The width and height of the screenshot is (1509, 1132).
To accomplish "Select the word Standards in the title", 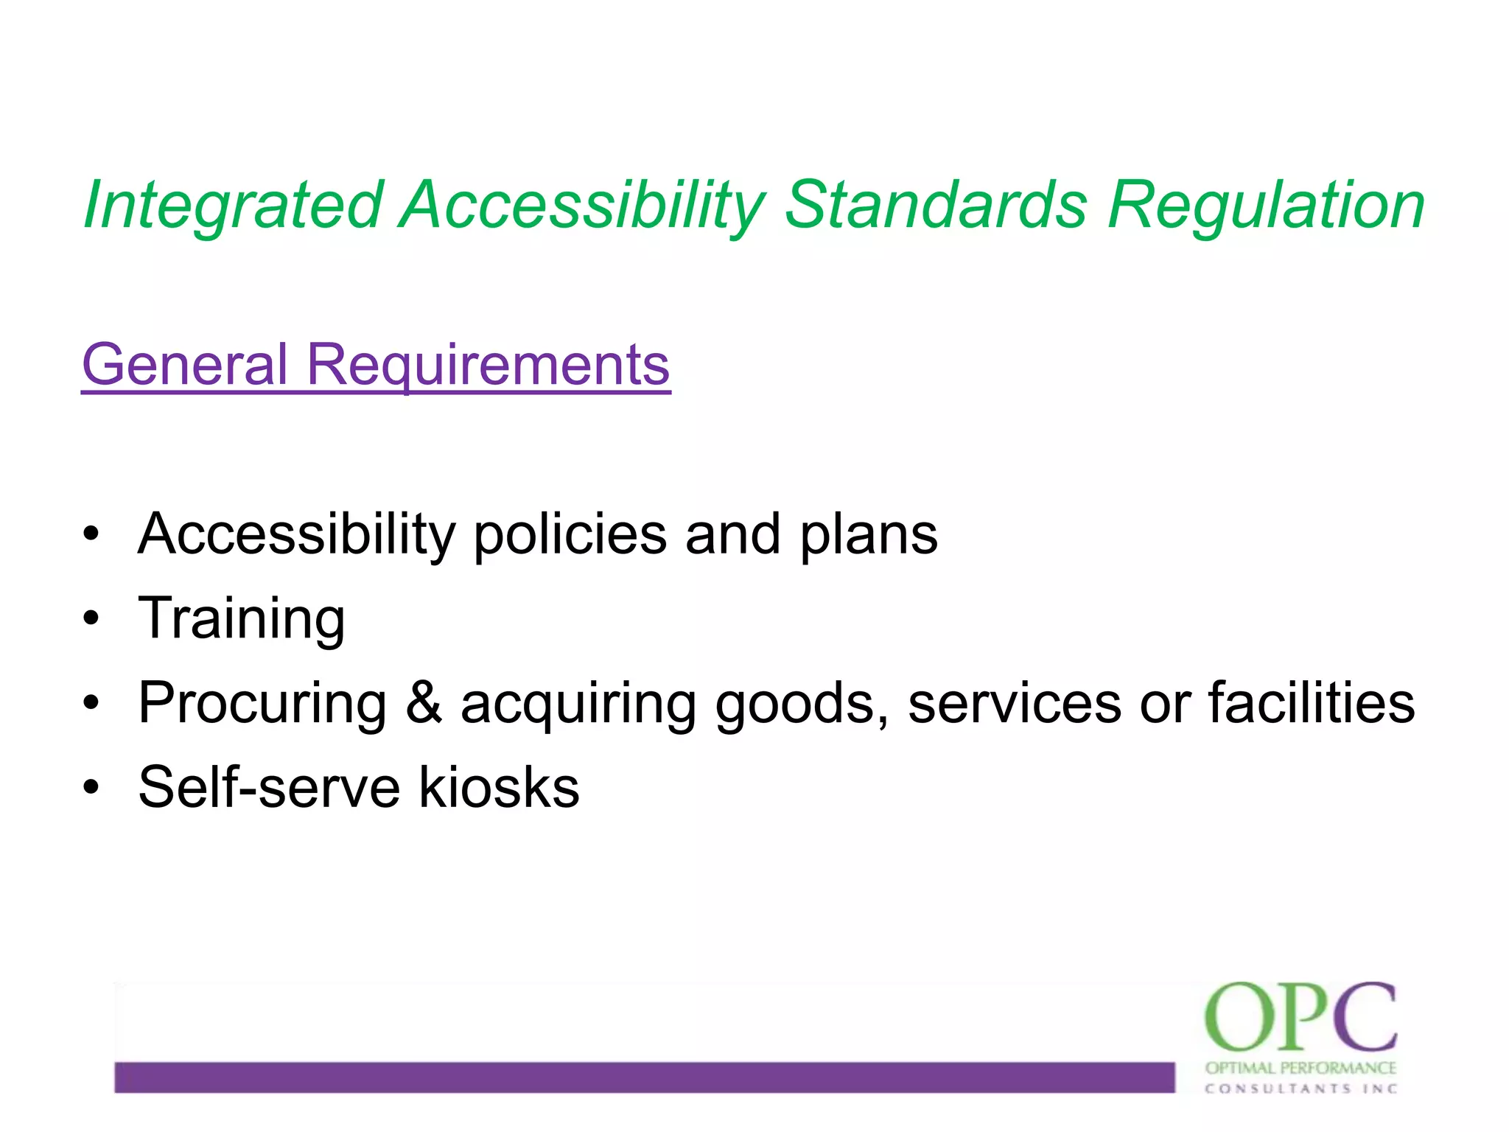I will pyautogui.click(x=936, y=205).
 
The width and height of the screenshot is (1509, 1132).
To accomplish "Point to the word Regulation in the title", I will pyautogui.click(x=1266, y=205).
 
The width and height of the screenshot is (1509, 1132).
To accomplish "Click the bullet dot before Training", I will pyautogui.click(x=91, y=618).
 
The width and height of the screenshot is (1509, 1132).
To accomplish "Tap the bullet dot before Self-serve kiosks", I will pyautogui.click(x=91, y=787).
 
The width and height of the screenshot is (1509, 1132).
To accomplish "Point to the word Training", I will pyautogui.click(x=242, y=618).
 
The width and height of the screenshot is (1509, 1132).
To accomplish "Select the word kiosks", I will pyautogui.click(x=499, y=787).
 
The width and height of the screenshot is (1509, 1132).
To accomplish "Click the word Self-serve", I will pyautogui.click(x=270, y=787).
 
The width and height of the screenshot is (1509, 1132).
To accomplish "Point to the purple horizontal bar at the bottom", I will pyautogui.click(x=644, y=1077).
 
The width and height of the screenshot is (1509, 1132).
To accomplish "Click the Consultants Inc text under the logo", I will pyautogui.click(x=1300, y=1089).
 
